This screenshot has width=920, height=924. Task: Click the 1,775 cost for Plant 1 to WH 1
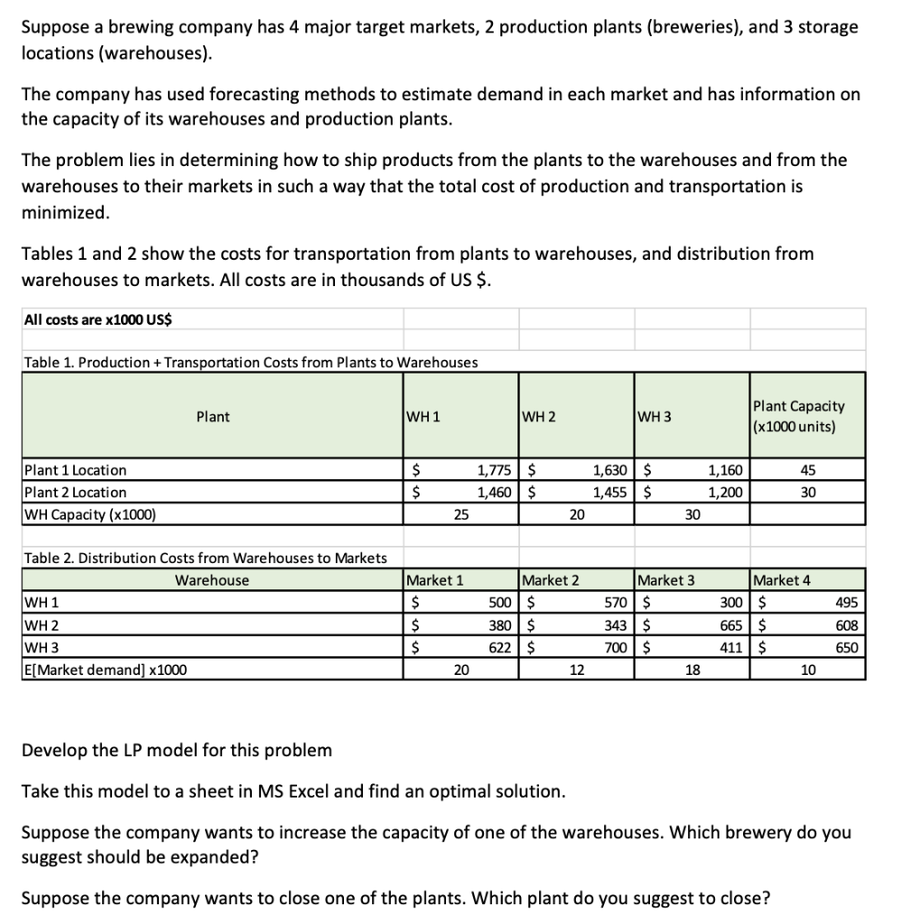click(495, 470)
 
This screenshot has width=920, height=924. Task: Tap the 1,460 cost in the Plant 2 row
click(495, 493)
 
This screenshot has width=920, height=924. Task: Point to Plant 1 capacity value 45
click(808, 470)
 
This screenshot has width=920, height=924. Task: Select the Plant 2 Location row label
click(75, 493)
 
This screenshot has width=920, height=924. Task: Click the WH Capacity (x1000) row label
click(89, 515)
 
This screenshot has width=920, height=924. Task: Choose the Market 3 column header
click(666, 580)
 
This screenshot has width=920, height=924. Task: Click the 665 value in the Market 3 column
click(732, 625)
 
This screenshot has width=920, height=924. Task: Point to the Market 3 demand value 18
click(692, 670)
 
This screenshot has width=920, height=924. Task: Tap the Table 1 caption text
click(250, 363)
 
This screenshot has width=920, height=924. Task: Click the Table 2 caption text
click(205, 559)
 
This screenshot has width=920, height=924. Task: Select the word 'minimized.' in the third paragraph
click(66, 212)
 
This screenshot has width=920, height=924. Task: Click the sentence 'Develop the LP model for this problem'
click(177, 751)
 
